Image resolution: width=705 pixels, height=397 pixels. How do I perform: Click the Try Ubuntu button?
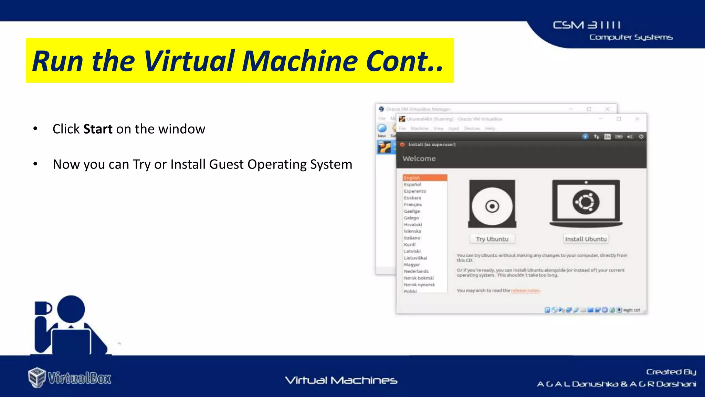click(492, 239)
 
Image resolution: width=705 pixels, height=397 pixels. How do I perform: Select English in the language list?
click(412, 178)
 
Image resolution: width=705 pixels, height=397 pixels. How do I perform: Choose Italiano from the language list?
click(412, 238)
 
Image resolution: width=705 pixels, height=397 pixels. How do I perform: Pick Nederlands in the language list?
click(416, 271)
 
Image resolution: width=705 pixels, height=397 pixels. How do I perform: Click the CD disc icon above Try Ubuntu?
click(492, 206)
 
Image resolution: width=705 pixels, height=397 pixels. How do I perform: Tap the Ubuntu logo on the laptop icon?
click(586, 202)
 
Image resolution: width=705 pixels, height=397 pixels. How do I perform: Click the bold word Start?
click(98, 129)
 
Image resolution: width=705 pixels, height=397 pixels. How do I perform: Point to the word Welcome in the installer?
click(419, 159)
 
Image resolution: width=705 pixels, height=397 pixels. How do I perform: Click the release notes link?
click(525, 291)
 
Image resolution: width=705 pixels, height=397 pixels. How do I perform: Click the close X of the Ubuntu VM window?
click(637, 119)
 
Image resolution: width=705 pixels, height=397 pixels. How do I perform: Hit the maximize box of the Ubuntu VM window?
click(619, 119)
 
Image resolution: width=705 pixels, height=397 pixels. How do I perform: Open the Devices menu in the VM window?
click(472, 128)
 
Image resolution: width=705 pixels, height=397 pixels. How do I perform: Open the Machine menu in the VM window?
click(419, 128)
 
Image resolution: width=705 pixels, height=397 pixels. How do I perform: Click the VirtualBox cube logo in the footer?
click(37, 377)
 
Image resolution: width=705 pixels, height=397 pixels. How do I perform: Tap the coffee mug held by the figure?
click(43, 308)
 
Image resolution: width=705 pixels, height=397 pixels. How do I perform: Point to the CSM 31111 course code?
click(587, 25)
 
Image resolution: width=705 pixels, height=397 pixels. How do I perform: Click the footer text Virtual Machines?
click(341, 380)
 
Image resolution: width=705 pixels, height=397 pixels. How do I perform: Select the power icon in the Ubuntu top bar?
click(641, 137)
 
